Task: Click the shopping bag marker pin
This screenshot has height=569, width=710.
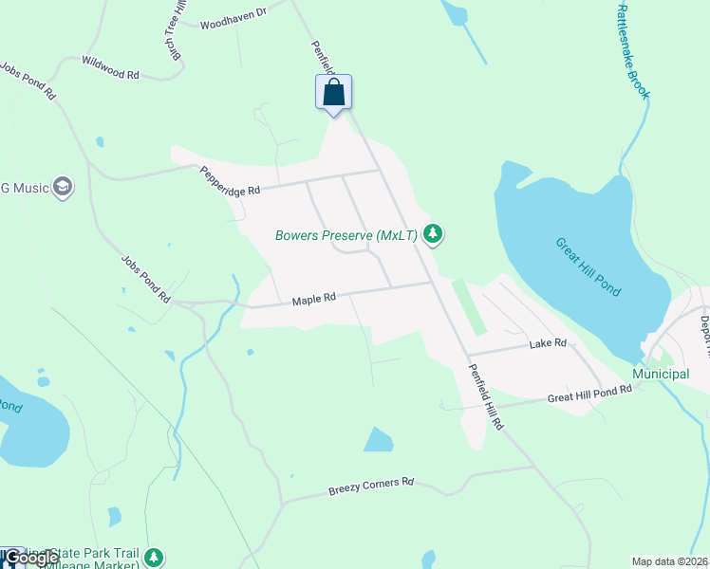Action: pyautogui.click(x=333, y=94)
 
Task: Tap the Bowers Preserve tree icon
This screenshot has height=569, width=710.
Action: pyautogui.click(x=433, y=233)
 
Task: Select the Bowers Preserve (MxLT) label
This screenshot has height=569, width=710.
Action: pyautogui.click(x=346, y=235)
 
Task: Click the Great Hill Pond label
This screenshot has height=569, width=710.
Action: pyautogui.click(x=589, y=266)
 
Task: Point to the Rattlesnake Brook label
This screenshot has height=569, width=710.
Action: pyautogui.click(x=633, y=52)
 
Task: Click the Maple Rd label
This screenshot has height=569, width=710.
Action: pyautogui.click(x=314, y=300)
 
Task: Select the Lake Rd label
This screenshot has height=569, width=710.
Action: pyautogui.click(x=548, y=343)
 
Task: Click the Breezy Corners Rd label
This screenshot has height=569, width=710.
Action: pyautogui.click(x=372, y=486)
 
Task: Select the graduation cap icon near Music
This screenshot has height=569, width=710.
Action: pyautogui.click(x=64, y=187)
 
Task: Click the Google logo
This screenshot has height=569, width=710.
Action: pyautogui.click(x=30, y=558)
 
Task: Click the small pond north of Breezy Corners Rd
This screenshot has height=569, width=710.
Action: pyautogui.click(x=378, y=439)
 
